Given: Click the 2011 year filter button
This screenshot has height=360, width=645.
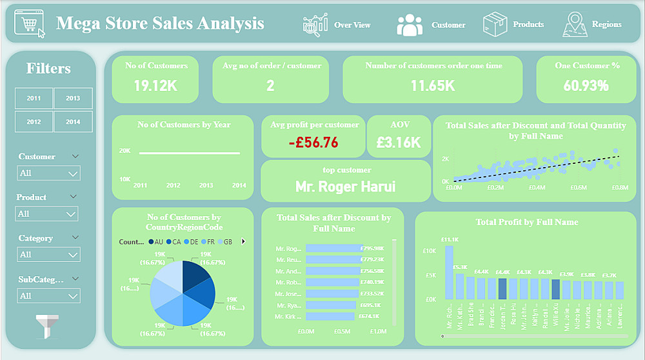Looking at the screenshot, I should point(34,98).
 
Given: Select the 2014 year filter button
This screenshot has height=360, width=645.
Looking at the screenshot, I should point(73,121).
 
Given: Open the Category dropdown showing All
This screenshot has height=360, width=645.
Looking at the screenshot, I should point(48,255).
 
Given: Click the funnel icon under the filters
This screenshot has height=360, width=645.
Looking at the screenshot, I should point(48,326).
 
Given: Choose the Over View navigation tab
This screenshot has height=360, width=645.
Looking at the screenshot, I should point(352,25).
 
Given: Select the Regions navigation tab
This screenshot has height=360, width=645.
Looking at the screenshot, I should point(606,25).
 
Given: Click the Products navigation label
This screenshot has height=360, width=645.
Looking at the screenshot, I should point(528,25).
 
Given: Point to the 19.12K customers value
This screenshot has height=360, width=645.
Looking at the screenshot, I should point(155,85).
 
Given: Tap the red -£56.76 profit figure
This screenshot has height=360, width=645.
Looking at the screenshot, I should point(313,143).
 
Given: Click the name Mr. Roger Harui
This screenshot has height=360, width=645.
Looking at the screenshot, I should point(345,187).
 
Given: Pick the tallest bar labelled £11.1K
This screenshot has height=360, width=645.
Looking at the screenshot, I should point(449,272).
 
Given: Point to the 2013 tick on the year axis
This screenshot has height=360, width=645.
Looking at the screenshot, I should point(206,185).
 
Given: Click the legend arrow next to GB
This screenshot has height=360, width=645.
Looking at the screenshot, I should point(243,241).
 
